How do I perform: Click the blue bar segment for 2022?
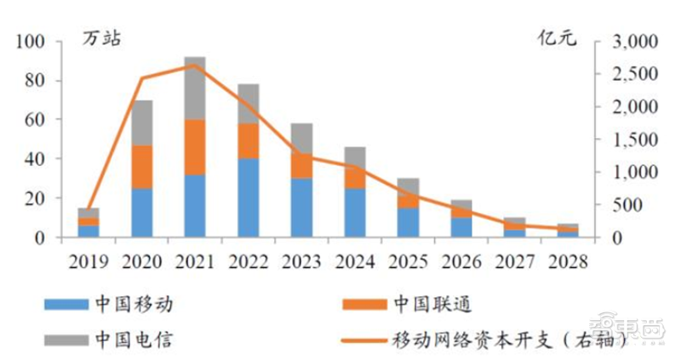pos(249,197)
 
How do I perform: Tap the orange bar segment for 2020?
pos(142,167)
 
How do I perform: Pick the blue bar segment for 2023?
pos(301,207)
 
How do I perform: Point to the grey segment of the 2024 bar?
pos(354,157)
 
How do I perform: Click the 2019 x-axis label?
pos(89,259)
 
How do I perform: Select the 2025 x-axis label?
pos(408,259)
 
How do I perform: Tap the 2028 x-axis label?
pos(567,259)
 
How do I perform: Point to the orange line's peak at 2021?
pos(196,65)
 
